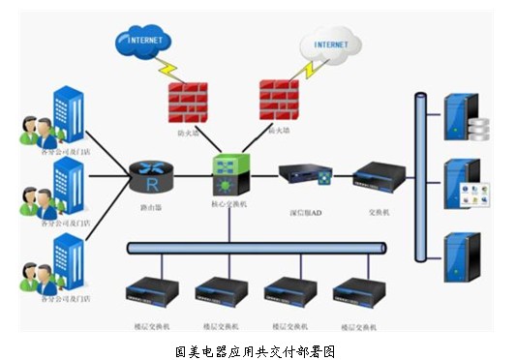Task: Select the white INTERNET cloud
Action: pos(330,45)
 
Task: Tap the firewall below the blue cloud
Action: pos(187,102)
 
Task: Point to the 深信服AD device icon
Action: pos(305,176)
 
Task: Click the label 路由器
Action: pos(151,207)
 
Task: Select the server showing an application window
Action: pos(463,186)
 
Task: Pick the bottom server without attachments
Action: pos(458,255)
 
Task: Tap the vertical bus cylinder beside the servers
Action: pos(420,176)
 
